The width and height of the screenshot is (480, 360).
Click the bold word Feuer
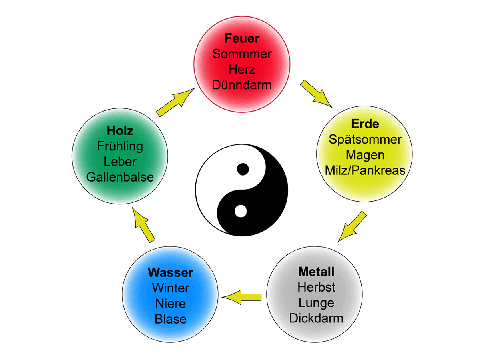(242, 38)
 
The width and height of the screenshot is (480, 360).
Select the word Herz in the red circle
(242, 69)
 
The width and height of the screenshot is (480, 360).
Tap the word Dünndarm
(242, 85)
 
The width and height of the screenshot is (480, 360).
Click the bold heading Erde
(364, 124)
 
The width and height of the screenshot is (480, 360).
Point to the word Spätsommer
(365, 140)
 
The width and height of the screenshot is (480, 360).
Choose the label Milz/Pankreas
(365, 170)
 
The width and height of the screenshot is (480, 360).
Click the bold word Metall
(316, 272)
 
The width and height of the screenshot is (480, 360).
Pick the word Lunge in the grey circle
(316, 303)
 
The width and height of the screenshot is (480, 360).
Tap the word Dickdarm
(316, 318)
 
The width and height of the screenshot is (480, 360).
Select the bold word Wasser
(171, 273)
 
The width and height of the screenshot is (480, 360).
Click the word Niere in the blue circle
(171, 304)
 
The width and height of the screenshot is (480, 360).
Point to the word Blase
(171, 319)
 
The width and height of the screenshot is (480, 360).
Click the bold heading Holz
(120, 131)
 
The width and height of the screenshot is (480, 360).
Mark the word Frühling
(120, 146)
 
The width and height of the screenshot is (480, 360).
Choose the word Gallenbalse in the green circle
(120, 177)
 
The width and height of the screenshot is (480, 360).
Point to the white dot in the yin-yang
(240, 211)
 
